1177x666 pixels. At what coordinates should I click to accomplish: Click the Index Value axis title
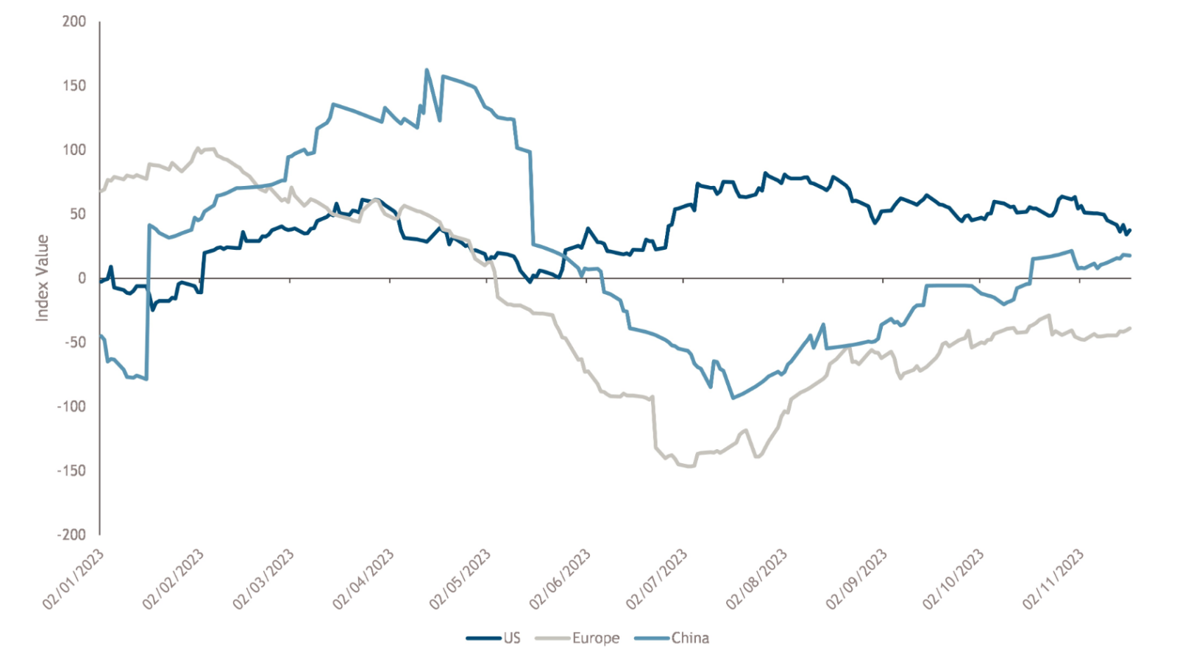click(42, 278)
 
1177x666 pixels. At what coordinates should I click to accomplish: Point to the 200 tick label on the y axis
click(74, 21)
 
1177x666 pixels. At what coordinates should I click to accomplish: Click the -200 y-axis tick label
click(71, 534)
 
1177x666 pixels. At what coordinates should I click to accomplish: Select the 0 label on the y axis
click(82, 278)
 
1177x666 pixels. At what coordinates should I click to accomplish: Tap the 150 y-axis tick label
click(74, 85)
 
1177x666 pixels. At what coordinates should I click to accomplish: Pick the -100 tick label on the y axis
click(71, 407)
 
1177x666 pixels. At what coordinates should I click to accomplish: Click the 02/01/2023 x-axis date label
click(74, 579)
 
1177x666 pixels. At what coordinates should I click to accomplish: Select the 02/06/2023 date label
click(560, 579)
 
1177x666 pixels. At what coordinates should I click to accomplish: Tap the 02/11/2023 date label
click(1053, 579)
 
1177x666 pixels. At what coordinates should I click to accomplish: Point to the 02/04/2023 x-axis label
click(363, 579)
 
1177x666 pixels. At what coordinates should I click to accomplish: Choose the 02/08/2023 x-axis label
click(757, 579)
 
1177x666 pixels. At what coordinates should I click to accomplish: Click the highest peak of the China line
click(427, 70)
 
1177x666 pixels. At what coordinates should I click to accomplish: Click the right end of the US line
click(1130, 230)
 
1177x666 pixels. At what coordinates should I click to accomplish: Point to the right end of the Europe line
click(1130, 328)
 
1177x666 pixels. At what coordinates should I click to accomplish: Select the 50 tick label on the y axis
click(77, 214)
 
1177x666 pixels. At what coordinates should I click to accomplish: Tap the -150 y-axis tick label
click(71, 470)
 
